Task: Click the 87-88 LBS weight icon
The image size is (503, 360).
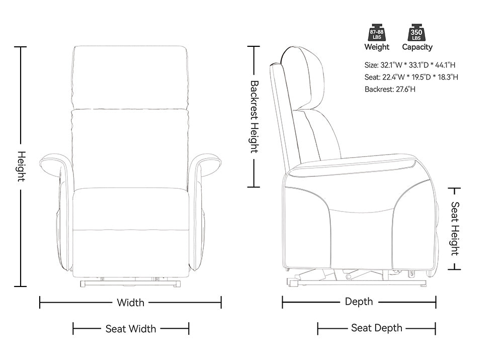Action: [x=377, y=32]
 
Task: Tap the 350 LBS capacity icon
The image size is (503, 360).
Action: [x=416, y=32]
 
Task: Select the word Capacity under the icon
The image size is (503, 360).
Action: [x=417, y=47]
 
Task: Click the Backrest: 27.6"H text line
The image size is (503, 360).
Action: [x=390, y=89]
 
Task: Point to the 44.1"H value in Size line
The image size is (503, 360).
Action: [x=445, y=65]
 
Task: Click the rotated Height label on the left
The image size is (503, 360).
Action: [x=21, y=166]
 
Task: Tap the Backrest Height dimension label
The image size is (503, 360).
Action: [x=254, y=117]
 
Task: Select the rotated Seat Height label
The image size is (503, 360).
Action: [x=455, y=229]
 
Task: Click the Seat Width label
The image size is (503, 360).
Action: [x=131, y=329]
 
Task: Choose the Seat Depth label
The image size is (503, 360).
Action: [x=377, y=328]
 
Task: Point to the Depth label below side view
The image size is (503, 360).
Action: [x=359, y=302]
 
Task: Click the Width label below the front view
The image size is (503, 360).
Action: [x=131, y=303]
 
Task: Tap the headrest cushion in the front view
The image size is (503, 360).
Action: [x=130, y=78]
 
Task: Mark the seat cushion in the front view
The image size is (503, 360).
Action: [x=131, y=209]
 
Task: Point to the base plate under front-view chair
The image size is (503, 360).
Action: [x=130, y=283]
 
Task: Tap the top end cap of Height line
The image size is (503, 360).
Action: [x=21, y=47]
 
